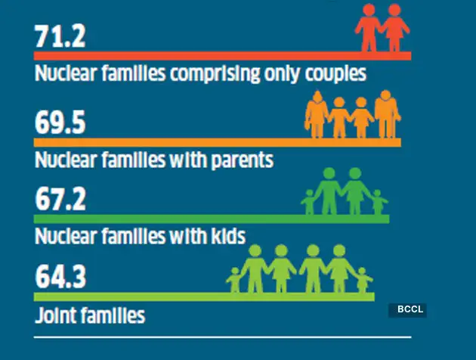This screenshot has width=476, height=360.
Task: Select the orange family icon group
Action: (x=352, y=115)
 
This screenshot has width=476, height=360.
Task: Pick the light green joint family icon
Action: (x=300, y=269)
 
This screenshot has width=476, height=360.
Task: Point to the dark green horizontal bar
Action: (x=212, y=219)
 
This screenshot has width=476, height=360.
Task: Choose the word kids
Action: (x=225, y=237)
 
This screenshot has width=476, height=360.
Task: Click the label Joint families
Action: (x=89, y=314)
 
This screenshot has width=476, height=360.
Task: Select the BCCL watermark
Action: (x=408, y=310)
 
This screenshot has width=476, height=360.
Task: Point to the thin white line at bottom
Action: (x=223, y=335)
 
